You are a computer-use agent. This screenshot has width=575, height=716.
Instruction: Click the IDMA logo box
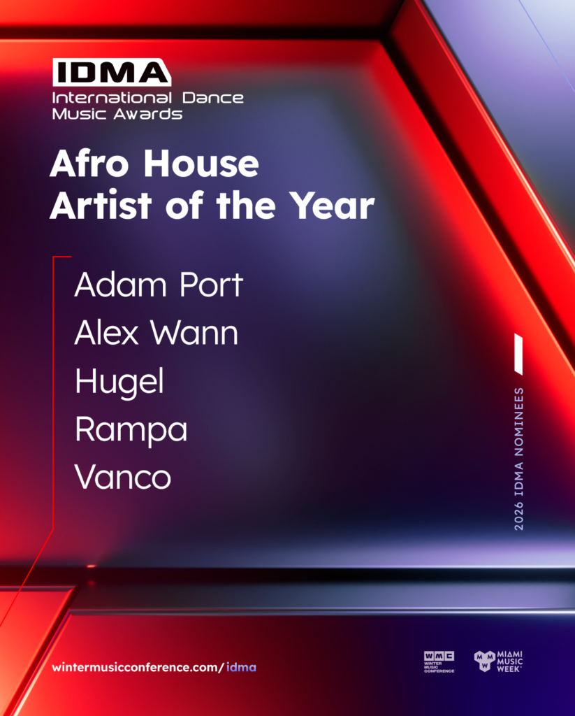112,72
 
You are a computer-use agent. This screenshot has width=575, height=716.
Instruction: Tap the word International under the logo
112,98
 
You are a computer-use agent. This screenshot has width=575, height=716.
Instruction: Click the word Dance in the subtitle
213,98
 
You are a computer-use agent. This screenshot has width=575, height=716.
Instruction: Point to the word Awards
148,114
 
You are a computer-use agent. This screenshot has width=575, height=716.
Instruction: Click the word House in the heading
201,163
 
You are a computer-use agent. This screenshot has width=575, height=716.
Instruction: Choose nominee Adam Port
159,285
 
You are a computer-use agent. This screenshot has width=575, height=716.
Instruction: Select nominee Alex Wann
156,332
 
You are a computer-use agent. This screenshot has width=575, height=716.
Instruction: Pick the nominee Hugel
119,382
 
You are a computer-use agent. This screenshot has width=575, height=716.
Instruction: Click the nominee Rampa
131,431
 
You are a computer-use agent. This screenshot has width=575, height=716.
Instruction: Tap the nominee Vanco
123,477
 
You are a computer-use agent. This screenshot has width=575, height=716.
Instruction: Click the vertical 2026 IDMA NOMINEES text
519,459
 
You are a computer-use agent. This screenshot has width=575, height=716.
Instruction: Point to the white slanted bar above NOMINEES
518,354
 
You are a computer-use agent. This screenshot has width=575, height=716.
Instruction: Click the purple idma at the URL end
242,667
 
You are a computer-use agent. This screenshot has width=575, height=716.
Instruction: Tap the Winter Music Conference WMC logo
439,661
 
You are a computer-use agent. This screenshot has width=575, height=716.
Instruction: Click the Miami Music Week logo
498,661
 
